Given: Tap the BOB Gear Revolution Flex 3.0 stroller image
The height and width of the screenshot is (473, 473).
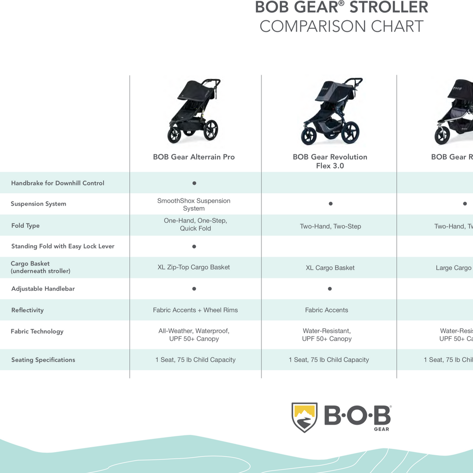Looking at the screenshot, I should pyautogui.click(x=330, y=112).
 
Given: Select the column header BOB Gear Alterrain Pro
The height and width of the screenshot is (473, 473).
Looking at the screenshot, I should pyautogui.click(x=194, y=157).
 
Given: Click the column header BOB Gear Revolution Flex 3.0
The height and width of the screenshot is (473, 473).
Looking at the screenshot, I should pyautogui.click(x=330, y=161).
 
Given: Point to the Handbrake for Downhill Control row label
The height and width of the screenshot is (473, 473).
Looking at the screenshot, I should pyautogui.click(x=58, y=183).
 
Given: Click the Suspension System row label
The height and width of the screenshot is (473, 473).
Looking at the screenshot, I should pyautogui.click(x=39, y=204).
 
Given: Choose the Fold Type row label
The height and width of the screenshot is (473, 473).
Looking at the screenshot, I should pyautogui.click(x=25, y=226).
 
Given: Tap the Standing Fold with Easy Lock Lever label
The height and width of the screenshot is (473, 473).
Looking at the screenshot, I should pyautogui.click(x=63, y=246).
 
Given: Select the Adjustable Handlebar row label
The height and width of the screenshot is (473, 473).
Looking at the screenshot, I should pyautogui.click(x=43, y=289).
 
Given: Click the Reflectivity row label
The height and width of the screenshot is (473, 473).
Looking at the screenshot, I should pyautogui.click(x=28, y=310).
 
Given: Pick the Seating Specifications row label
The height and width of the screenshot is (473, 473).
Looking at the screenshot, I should pyautogui.click(x=43, y=360).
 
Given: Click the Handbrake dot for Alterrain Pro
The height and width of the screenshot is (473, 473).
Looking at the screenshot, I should pyautogui.click(x=194, y=183).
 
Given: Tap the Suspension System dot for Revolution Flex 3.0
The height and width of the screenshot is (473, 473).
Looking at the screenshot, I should pyautogui.click(x=331, y=204).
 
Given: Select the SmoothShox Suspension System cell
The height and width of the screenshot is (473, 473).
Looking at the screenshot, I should pyautogui.click(x=194, y=205).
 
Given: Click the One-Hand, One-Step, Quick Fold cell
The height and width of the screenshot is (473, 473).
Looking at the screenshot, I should pyautogui.click(x=195, y=224).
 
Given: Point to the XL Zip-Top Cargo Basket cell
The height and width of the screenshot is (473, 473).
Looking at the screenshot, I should pyautogui.click(x=194, y=267).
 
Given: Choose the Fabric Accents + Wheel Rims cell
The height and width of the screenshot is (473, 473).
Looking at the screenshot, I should pyautogui.click(x=195, y=310).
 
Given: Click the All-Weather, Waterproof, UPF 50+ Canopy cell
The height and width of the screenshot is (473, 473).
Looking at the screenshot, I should pyautogui.click(x=194, y=335).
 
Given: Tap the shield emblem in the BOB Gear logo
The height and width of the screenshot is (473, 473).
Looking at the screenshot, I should pyautogui.click(x=304, y=417).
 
